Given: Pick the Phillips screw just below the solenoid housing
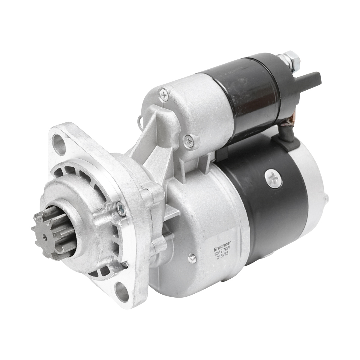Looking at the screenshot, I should tap(189, 139).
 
